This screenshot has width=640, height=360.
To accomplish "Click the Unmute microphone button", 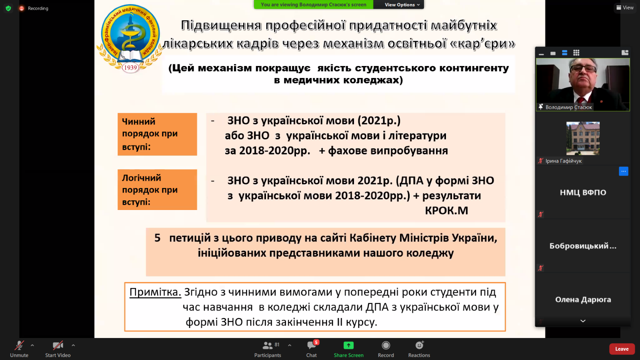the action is [x=19, y=346].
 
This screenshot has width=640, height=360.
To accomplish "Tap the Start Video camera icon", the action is [x=58, y=346].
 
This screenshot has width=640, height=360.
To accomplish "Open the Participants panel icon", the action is [x=268, y=346].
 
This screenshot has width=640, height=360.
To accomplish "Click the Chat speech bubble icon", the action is [x=311, y=346].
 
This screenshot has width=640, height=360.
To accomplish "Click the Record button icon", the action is [x=386, y=346].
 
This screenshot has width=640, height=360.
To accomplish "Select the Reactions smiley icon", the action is [x=419, y=346].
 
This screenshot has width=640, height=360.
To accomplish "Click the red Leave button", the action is [x=622, y=349].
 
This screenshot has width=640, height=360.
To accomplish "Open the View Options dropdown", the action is [x=402, y=4].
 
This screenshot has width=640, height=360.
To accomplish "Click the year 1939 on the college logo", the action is [x=130, y=68].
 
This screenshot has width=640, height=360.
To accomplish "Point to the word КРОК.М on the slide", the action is [x=446, y=210].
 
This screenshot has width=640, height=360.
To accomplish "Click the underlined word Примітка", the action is [x=155, y=292].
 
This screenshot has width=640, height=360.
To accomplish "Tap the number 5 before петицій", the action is [x=158, y=238].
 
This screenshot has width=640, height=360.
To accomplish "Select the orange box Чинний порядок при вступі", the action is [x=157, y=134].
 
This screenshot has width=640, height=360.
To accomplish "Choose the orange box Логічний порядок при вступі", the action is [x=157, y=190].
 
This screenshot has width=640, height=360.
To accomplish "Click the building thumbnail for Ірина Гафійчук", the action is [x=583, y=138].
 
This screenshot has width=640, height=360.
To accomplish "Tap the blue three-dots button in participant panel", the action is [x=624, y=172].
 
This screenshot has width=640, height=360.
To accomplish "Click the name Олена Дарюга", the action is [x=583, y=300].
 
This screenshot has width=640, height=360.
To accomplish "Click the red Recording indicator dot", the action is [x=22, y=8].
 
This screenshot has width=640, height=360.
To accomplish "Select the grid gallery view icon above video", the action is [x=576, y=53].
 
